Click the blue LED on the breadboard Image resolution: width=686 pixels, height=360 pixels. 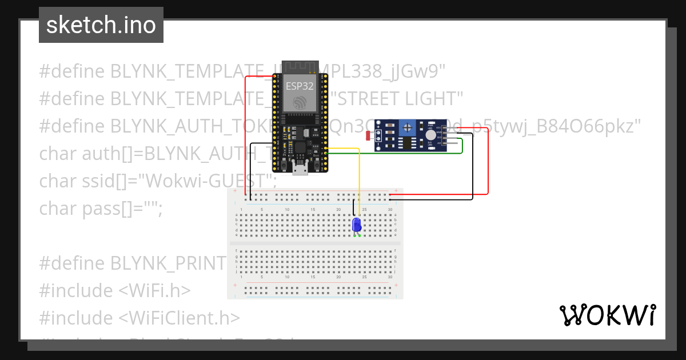click(357, 225)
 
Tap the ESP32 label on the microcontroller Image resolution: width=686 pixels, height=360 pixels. click(300, 86)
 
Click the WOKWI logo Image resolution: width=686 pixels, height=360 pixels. click(607, 315)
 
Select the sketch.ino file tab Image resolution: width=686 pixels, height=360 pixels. click(101, 25)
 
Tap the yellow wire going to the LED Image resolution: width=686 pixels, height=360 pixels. click(359, 177)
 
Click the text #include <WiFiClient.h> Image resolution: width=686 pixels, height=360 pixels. click(139, 318)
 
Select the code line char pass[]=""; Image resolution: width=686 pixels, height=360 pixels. click(101, 209)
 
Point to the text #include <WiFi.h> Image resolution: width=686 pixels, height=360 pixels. click(114, 290)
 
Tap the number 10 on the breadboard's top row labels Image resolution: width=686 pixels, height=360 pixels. click(287, 210)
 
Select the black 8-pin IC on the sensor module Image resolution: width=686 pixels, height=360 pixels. click(408, 143)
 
